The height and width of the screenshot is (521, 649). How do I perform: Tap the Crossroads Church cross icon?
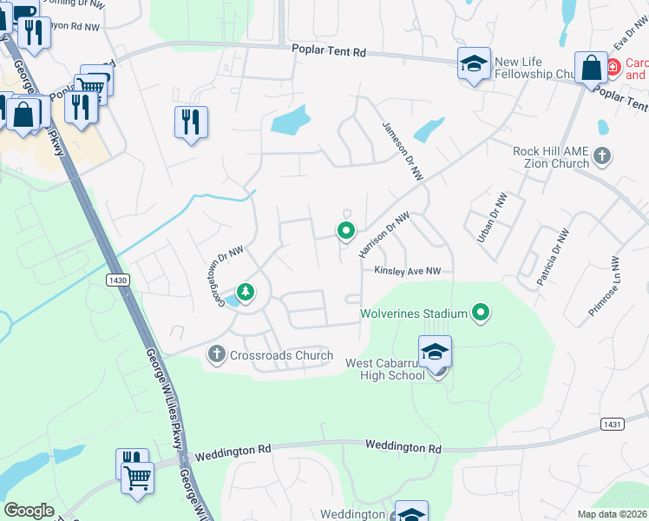(216, 354)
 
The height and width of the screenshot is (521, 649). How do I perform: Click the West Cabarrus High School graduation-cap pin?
(435, 353)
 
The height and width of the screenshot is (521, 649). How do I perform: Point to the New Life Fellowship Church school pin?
(474, 64)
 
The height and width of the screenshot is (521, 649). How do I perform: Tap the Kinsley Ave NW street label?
(408, 271)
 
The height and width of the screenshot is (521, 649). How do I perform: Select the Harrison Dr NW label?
(383, 234)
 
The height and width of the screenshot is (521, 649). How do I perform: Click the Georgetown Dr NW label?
(217, 275)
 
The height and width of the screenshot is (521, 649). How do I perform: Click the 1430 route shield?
(119, 280)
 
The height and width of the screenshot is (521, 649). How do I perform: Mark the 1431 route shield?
(612, 423)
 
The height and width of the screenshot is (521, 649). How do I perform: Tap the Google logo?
(29, 511)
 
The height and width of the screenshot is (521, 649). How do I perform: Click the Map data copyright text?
(613, 514)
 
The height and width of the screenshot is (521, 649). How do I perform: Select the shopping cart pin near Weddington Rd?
(138, 477)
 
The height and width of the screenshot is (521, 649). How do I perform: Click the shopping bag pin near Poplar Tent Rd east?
(590, 68)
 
